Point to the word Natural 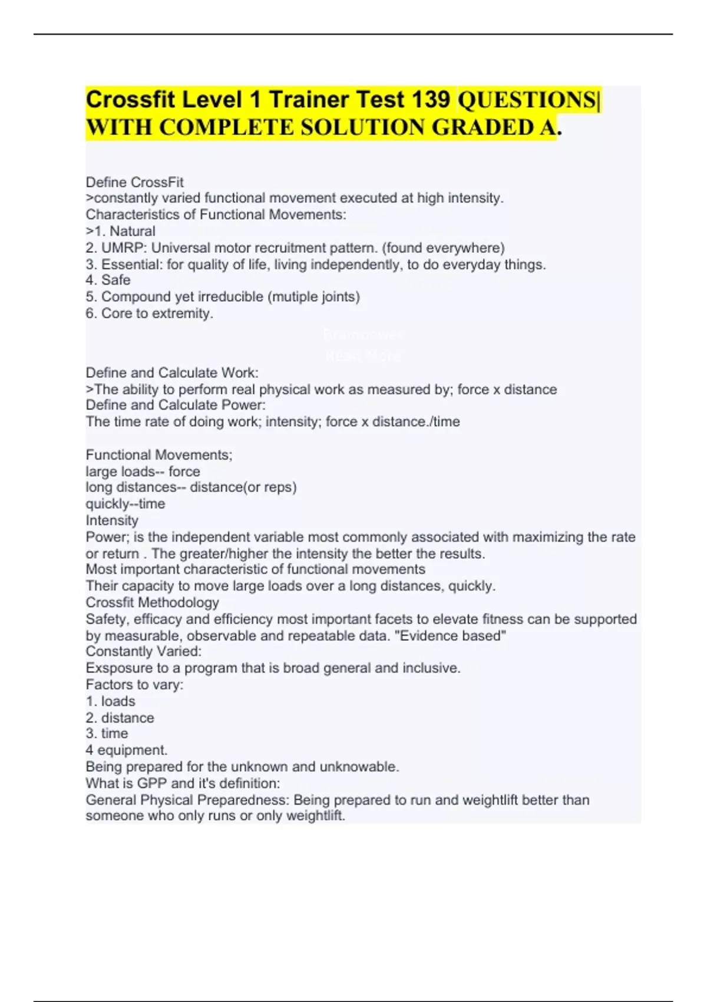133,232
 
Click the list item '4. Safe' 108,280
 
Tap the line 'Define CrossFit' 134,182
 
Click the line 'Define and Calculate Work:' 171,373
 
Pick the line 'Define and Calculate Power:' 175,405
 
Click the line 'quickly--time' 125,504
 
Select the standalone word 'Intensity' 112,520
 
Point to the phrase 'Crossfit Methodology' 152,602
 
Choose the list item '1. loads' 110,701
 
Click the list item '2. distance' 120,718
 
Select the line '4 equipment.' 126,750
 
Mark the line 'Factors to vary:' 134,685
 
